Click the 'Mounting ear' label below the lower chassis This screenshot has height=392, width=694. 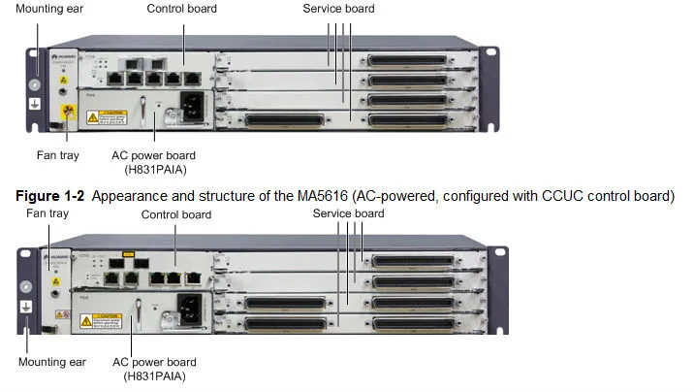click(51, 362)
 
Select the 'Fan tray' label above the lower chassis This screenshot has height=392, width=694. click(47, 212)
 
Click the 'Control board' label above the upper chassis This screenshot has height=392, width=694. click(181, 9)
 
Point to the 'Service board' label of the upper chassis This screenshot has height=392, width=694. click(338, 9)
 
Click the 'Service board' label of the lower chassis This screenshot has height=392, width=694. click(348, 213)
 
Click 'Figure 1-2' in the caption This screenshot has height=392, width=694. click(52, 196)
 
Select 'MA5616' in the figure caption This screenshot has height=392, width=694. click(319, 196)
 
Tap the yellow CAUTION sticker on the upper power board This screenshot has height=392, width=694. click(106, 117)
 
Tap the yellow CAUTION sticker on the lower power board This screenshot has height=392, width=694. click(99, 320)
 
